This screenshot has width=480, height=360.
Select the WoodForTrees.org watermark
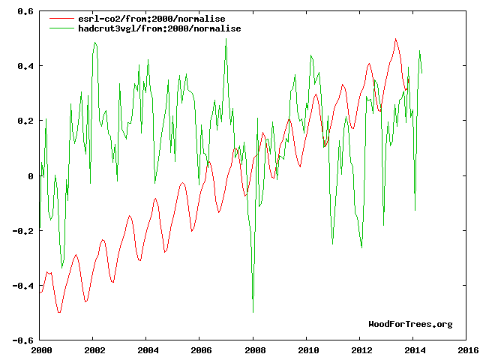[x=410, y=324]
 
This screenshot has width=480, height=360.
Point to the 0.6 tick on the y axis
[x=25, y=12]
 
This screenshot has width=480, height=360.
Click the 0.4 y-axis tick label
[x=25, y=67]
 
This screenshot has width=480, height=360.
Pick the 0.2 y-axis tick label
[x=25, y=121]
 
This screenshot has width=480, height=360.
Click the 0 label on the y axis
[x=31, y=176]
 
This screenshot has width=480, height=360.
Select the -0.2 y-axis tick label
[x=23, y=231]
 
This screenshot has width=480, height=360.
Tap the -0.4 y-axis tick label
[x=23, y=286]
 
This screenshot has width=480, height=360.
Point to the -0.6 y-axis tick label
[x=23, y=340]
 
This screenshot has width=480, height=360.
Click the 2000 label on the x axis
[x=41, y=350]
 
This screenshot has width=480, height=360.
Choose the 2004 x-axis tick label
[x=148, y=350]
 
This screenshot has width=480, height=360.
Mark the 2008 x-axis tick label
[x=254, y=350]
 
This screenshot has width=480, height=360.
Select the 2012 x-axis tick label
[x=361, y=350]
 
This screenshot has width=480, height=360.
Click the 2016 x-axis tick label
[x=467, y=350]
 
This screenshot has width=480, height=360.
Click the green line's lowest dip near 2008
[x=253, y=311]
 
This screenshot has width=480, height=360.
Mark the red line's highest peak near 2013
[x=395, y=39]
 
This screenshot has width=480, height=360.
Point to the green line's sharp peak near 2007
[x=226, y=39]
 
